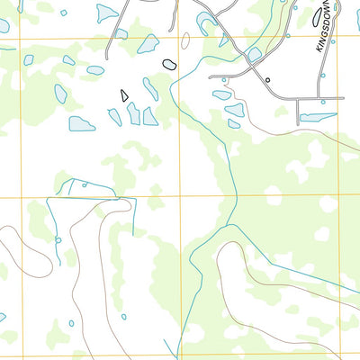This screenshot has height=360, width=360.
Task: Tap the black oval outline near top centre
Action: pos(168,64)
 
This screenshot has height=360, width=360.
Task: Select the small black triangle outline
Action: pos(124,94)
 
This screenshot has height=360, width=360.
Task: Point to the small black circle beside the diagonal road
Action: pos(267,80)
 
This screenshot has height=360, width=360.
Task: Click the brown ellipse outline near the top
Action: pos(185,40)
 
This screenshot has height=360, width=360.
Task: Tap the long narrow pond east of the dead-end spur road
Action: pos(318,117)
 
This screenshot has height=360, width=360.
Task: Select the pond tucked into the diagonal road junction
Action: pos(254,54)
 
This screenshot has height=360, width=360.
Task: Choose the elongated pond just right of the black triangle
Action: pos(150,88)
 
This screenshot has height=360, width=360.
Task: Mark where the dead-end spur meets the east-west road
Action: pos(298,98)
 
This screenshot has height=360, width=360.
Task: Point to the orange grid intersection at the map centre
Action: pos(181,196)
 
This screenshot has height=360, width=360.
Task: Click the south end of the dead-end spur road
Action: pos(298,121)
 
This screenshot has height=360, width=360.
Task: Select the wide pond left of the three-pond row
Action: pos(81,123)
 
